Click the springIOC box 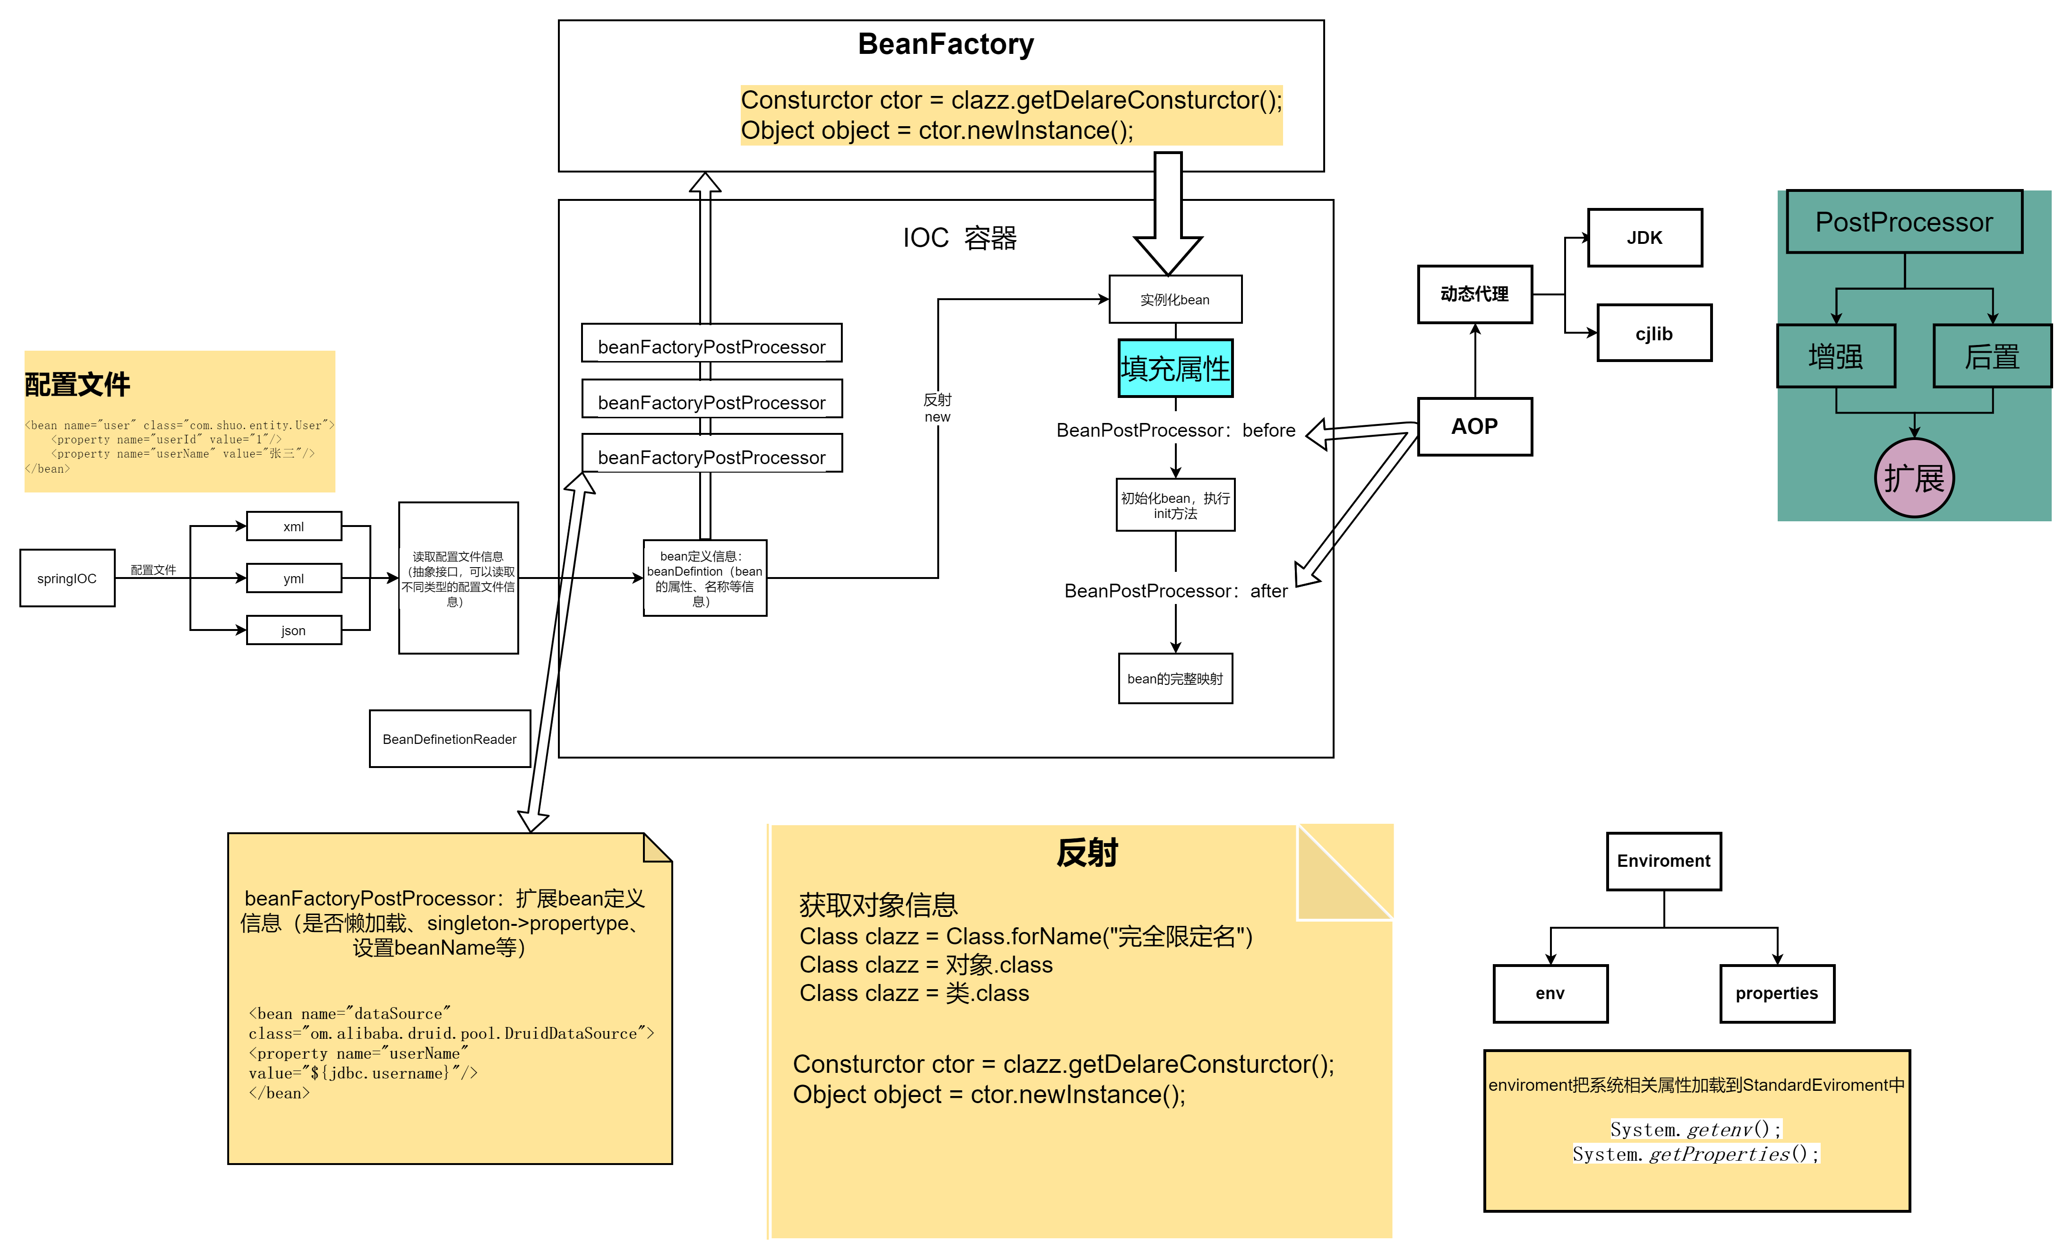(x=67, y=578)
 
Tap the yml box (x=293, y=578)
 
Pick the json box (x=293, y=630)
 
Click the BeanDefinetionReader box (x=449, y=739)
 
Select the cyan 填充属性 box (x=1175, y=369)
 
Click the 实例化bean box (x=1175, y=300)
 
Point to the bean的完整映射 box (x=1175, y=678)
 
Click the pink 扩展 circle (x=1914, y=478)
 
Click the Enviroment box (x=1663, y=861)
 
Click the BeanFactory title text (x=945, y=44)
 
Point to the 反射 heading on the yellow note (x=1087, y=853)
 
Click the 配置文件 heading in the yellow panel (x=77, y=384)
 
